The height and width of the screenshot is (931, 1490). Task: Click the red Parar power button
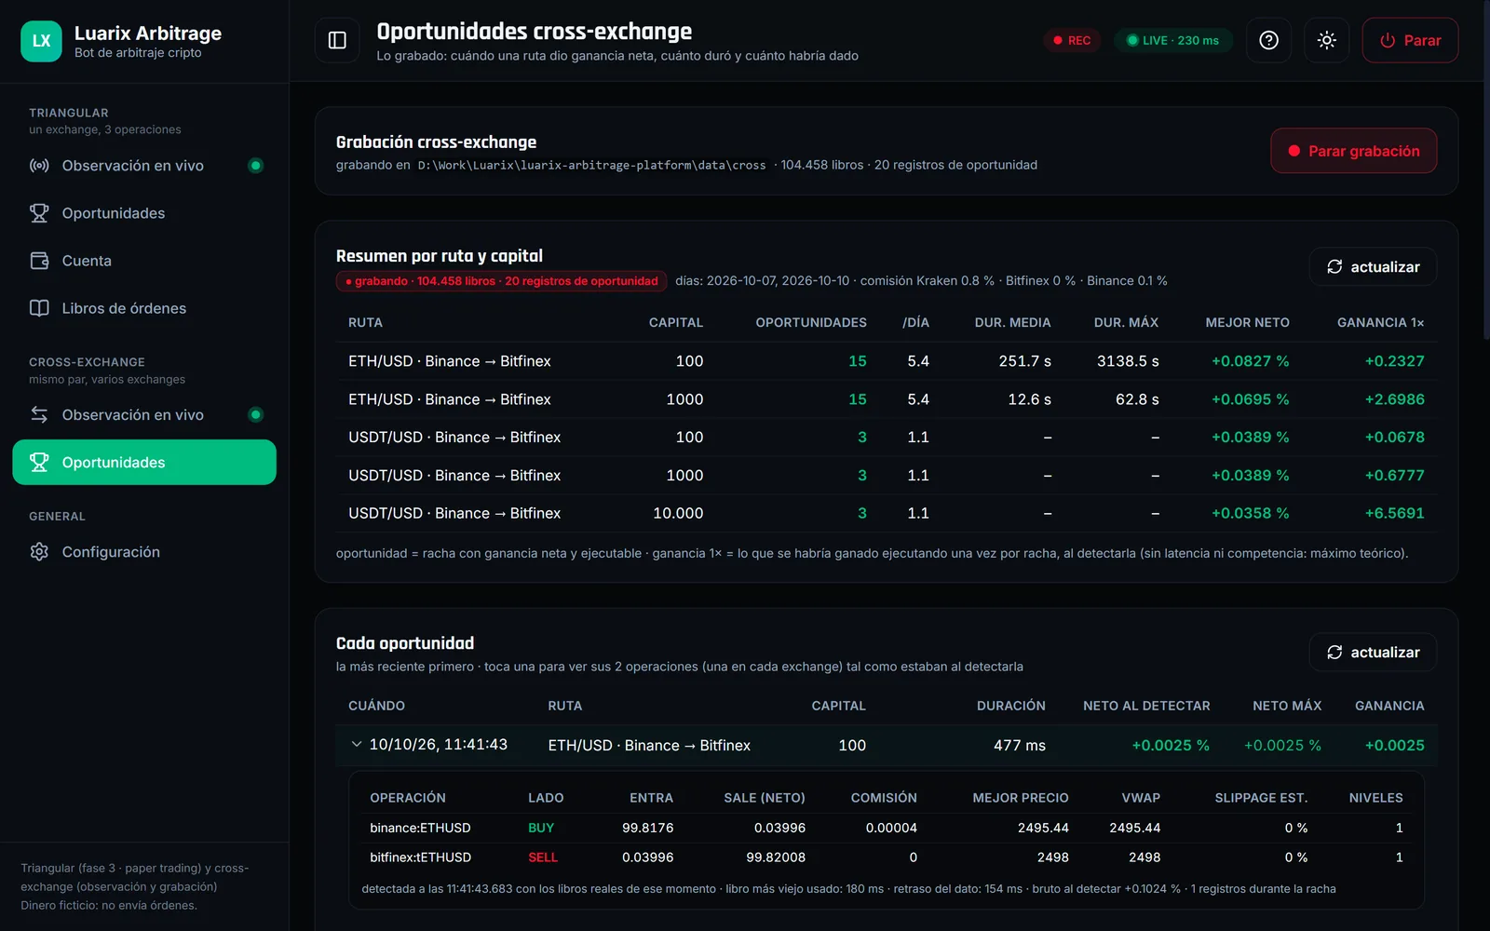point(1410,41)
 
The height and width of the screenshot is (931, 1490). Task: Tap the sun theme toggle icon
point(1326,41)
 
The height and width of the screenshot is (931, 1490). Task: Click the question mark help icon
point(1268,41)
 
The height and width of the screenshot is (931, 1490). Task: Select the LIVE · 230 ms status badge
point(1173,41)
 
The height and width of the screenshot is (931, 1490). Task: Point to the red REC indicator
point(1072,41)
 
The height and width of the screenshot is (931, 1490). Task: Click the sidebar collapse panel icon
point(337,41)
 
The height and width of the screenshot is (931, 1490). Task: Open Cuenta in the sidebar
point(87,261)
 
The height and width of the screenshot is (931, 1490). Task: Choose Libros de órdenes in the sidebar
point(124,308)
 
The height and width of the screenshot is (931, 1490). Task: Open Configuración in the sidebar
point(111,552)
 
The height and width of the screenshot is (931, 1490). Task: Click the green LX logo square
point(41,41)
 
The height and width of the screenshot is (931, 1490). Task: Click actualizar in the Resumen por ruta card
point(1373,266)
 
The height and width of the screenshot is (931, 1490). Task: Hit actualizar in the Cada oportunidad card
point(1373,653)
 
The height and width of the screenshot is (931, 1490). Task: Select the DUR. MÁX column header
point(1126,322)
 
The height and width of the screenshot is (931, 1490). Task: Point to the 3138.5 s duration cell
point(1128,361)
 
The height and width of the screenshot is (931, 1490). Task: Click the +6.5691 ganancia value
point(1394,513)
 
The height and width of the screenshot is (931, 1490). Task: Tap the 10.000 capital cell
point(678,513)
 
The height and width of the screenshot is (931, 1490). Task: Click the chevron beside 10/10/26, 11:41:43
point(357,744)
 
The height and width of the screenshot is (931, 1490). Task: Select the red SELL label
point(543,857)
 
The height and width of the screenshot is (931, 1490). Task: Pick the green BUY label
point(541,828)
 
